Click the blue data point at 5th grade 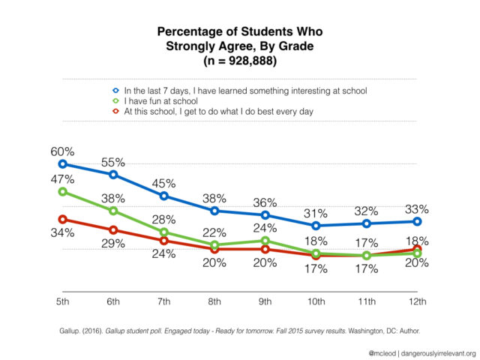pos(62,163)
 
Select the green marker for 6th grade pos(113,211)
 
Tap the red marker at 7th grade pos(163,240)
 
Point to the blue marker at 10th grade pos(316,226)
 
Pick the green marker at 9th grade pos(265,240)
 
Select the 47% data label pos(63,179)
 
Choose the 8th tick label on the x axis pos(214,302)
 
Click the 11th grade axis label pos(367,302)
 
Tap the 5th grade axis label pos(62,302)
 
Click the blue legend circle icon pos(115,91)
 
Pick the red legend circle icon pos(115,112)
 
